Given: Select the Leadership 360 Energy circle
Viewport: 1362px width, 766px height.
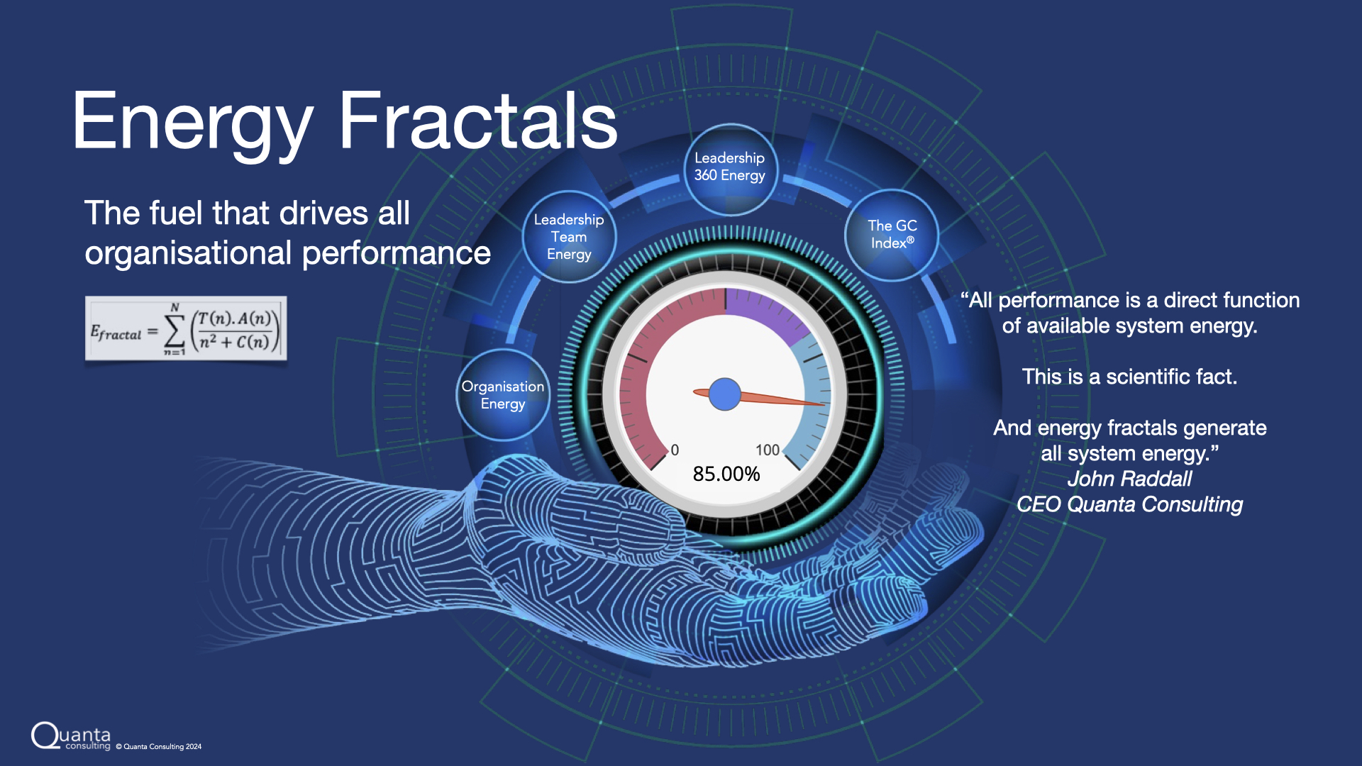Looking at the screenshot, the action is (730, 170).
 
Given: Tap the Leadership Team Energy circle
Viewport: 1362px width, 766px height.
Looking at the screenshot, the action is (569, 237).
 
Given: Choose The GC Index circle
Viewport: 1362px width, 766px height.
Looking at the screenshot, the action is (892, 235).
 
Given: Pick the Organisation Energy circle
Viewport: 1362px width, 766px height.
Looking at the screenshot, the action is (503, 395).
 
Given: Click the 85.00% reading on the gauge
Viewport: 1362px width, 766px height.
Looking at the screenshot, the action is (726, 474).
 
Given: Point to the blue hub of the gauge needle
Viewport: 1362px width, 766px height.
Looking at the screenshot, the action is (725, 394).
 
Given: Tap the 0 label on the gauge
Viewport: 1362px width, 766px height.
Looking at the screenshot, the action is (675, 450).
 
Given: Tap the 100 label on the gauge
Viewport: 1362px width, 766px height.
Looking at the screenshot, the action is (768, 450).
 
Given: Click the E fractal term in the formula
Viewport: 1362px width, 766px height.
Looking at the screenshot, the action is (116, 333).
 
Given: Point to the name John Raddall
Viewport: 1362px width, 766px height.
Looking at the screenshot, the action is (1129, 479).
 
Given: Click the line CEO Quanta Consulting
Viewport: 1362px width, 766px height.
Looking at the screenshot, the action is (1129, 504).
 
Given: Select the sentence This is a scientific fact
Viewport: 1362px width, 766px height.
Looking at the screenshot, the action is (1129, 377).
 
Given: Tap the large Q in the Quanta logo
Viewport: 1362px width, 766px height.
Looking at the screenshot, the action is (45, 736).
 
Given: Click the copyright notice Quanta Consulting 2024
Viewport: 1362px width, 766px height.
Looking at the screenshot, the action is (159, 746).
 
